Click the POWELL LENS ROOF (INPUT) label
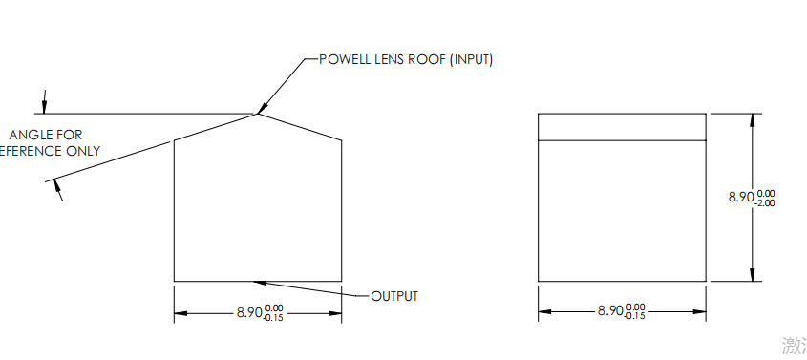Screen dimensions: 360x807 click(405, 59)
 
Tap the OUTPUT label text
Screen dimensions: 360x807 click(393, 296)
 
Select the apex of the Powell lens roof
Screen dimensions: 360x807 click(258, 114)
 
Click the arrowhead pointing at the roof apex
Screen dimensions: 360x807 click(263, 107)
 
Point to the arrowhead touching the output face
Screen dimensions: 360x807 click(257, 281)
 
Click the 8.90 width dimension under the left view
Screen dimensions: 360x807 click(248, 311)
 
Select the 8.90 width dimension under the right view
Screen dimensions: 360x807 click(609, 311)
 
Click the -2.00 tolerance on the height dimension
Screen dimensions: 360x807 click(765, 202)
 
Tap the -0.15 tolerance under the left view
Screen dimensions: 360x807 click(274, 317)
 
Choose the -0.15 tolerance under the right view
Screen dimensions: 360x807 click(635, 317)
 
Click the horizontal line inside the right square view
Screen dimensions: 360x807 click(622, 140)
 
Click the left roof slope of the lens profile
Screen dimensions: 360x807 click(215, 127)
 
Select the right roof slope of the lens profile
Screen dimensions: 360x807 click(301, 127)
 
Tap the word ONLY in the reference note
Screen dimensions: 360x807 click(82, 151)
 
